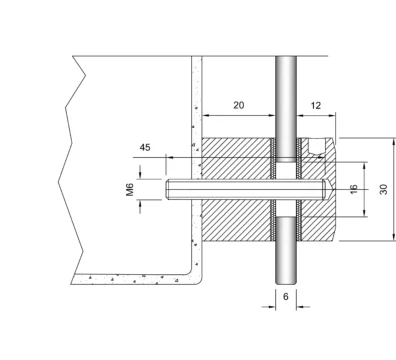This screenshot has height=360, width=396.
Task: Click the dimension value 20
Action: pyautogui.click(x=238, y=105)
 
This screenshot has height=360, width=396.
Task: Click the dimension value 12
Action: pyautogui.click(x=316, y=106)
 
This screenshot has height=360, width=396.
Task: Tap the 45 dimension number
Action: pyautogui.click(x=145, y=147)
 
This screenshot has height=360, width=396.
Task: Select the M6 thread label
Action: pyautogui.click(x=130, y=189)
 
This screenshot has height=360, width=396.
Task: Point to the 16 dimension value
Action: pyautogui.click(x=354, y=189)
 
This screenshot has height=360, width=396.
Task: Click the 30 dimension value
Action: pyautogui.click(x=384, y=189)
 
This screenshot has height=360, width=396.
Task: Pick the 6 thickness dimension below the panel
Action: pyautogui.click(x=286, y=296)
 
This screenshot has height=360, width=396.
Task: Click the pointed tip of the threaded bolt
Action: pyautogui.click(x=332, y=189)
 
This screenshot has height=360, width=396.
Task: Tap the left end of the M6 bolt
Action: pyautogui.click(x=167, y=189)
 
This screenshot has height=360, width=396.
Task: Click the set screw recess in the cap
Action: pyautogui.click(x=316, y=146)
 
